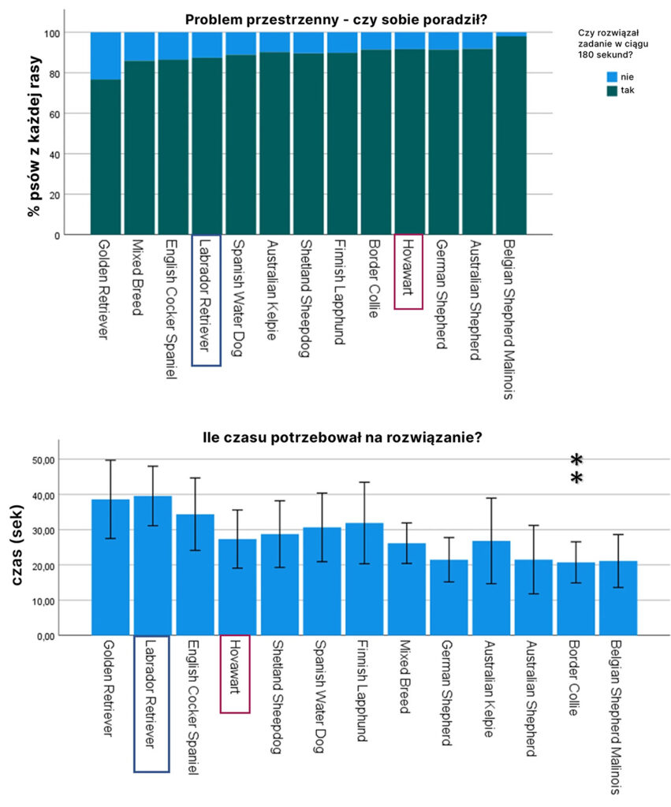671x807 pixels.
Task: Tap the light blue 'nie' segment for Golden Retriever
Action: [x=106, y=56]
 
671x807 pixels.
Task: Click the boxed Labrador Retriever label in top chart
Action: [x=206, y=299]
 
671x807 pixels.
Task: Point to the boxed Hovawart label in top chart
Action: [x=408, y=271]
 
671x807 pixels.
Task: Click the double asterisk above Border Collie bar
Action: [x=576, y=470]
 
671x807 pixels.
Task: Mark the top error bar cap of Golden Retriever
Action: [x=110, y=460]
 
